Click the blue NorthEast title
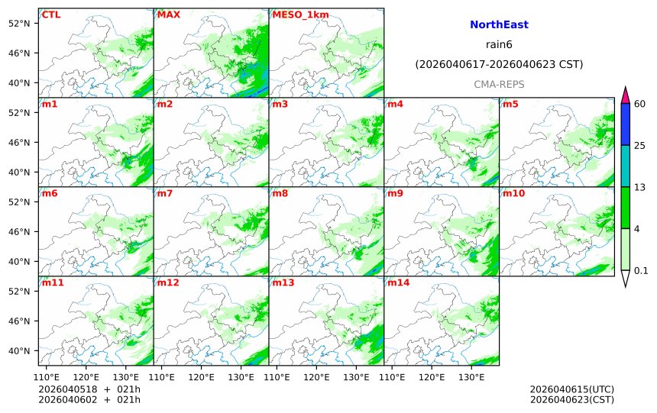[x=499, y=25]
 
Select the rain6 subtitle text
[x=499, y=45]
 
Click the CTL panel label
[x=51, y=15]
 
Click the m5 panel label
[x=510, y=104]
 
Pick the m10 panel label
[x=513, y=193]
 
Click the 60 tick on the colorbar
[x=640, y=104]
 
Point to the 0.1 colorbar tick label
[x=641, y=270]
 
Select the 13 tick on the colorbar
[x=640, y=187]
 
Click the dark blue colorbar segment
[x=625, y=124]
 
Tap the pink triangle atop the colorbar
[x=625, y=95]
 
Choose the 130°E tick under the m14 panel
[x=471, y=377]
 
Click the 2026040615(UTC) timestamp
[x=571, y=389]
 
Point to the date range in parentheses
[x=499, y=65]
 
